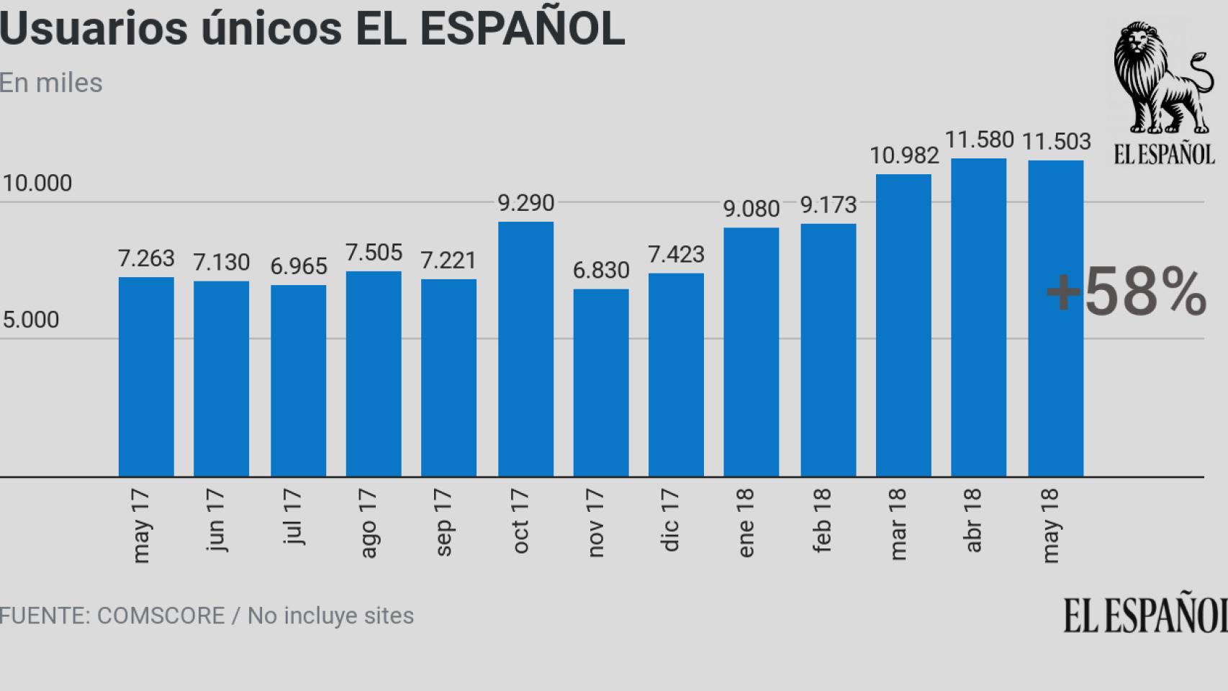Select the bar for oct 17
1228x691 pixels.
[525, 349]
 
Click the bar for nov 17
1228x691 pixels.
[601, 383]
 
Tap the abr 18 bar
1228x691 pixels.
[978, 317]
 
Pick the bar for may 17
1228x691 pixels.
[146, 376]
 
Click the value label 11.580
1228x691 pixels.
[978, 140]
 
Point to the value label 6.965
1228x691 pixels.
[298, 266]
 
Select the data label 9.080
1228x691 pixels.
[751, 209]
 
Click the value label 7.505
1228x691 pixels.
[374, 253]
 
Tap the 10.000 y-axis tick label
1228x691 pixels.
[37, 184]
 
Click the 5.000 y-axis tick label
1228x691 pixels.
[31, 320]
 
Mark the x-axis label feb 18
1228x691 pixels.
[821, 520]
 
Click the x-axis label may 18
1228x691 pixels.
[1049, 525]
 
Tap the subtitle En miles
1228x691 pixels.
[51, 83]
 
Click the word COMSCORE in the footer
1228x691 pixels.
[161, 616]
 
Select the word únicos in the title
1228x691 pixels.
[271, 29]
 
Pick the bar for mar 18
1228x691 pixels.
[903, 325]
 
